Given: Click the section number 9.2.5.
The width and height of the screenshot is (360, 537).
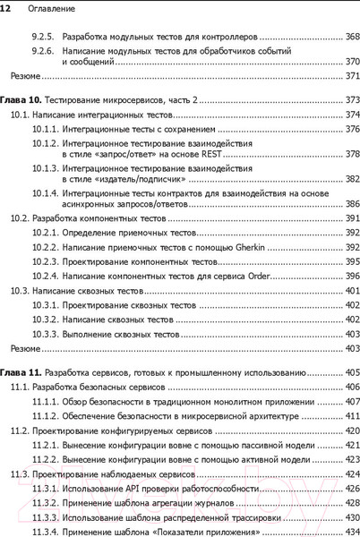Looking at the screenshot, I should tap(44, 38).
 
